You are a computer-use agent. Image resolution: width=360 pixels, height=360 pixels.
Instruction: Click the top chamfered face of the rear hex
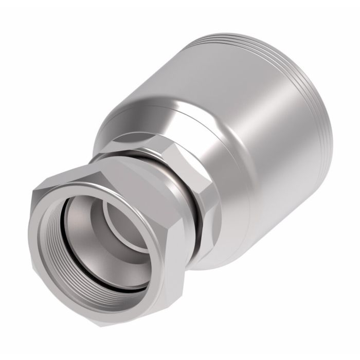coord(149,136)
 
